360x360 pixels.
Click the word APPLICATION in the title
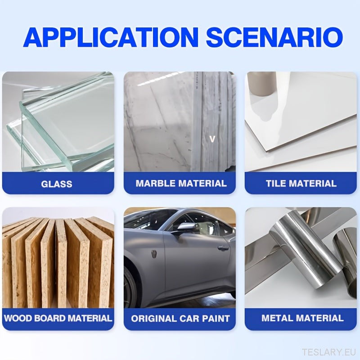point(111,37)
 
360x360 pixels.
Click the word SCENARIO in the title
point(274,37)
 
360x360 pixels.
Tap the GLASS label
point(57,184)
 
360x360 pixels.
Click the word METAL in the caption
point(277,318)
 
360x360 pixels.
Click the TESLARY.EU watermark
point(329,352)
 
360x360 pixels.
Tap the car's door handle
point(221,248)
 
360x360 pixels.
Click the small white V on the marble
point(212,139)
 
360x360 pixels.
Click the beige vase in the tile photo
point(262,83)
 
